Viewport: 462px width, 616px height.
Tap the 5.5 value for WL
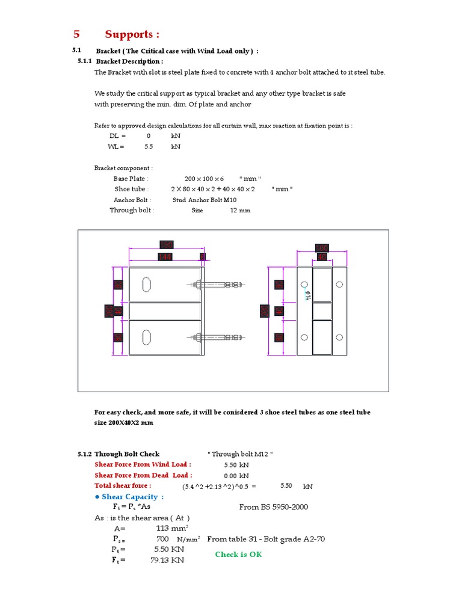(149, 147)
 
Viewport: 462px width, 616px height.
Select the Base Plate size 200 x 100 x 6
(204, 179)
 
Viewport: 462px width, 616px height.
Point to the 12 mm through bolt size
(240, 211)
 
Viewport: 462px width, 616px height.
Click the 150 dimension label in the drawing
(166, 245)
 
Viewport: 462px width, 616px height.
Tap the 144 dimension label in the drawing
(164, 257)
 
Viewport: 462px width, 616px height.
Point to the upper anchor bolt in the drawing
(217, 284)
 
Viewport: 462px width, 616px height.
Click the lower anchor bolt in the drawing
(217, 337)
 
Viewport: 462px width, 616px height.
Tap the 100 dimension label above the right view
(322, 248)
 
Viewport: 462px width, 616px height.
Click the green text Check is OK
(238, 555)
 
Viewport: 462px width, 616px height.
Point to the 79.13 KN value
(167, 560)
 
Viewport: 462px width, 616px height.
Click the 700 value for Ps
(162, 539)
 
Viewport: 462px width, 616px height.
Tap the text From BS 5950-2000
(273, 507)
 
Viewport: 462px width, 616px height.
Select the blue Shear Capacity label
(129, 497)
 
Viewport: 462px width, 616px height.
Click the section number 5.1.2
(84, 454)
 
